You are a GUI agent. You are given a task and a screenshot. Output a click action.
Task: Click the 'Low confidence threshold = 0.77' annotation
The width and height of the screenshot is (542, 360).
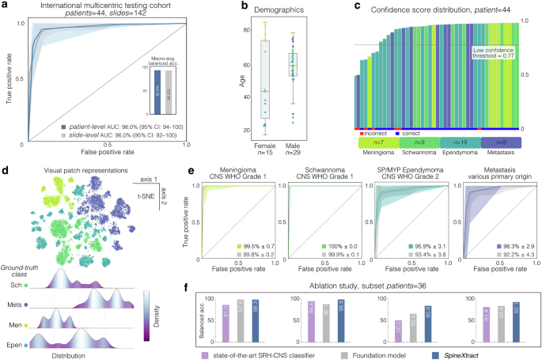click(x=498, y=54)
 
